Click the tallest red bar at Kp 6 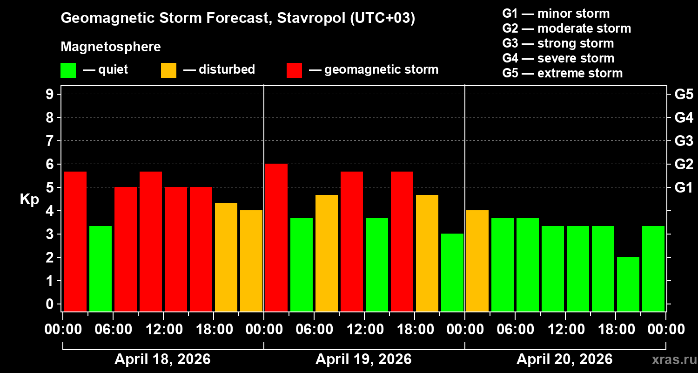[276, 237]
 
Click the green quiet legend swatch [68, 70]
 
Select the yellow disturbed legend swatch [168, 70]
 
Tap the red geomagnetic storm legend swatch [294, 70]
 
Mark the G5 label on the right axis [684, 95]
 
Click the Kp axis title [29, 200]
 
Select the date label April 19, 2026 [363, 359]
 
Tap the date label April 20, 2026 [564, 359]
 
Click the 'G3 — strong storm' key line [558, 43]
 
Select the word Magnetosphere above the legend [111, 47]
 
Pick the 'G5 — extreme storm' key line [562, 73]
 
